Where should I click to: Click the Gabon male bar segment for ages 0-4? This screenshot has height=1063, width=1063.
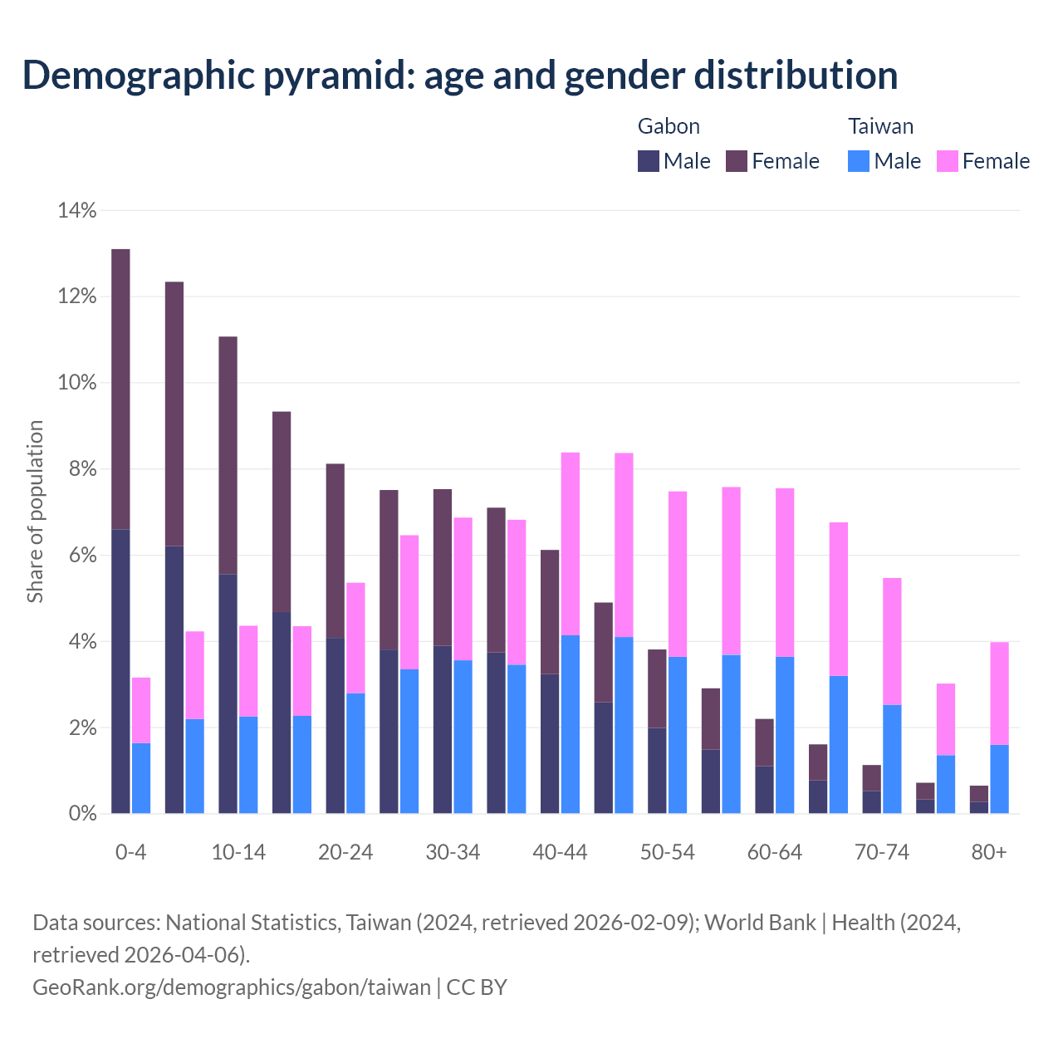[x=120, y=671]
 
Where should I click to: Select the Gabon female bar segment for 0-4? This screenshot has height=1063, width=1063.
[x=120, y=389]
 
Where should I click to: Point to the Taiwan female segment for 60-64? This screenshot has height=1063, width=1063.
[x=785, y=572]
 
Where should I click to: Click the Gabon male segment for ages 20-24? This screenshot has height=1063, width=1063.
[x=335, y=726]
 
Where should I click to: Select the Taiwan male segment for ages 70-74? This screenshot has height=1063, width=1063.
[x=892, y=759]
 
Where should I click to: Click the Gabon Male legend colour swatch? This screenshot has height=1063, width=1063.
[x=649, y=161]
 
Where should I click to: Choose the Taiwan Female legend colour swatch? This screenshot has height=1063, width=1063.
[x=948, y=161]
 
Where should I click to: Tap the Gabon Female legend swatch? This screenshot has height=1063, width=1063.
[x=737, y=161]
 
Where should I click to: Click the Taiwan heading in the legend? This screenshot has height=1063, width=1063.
[x=880, y=126]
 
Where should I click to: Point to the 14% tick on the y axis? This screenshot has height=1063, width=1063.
[x=77, y=211]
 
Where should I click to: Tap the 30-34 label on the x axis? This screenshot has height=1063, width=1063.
[x=453, y=853]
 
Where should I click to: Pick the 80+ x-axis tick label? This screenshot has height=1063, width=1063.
[x=989, y=853]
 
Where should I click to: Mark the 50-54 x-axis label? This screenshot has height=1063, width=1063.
[x=668, y=853]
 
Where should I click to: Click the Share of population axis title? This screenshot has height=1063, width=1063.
[x=35, y=512]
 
